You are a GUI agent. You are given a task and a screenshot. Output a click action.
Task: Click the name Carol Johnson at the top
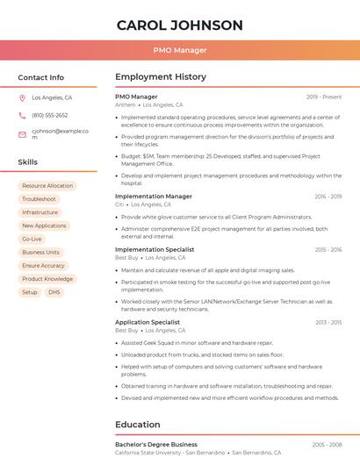[179, 24]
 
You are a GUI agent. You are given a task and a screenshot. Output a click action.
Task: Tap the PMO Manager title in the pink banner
[179, 50]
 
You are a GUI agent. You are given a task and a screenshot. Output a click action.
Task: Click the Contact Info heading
[40, 77]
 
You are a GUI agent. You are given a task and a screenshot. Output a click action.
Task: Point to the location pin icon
[22, 98]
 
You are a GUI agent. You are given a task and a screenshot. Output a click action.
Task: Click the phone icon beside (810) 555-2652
[22, 116]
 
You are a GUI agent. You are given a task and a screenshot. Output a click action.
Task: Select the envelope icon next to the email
[22, 134]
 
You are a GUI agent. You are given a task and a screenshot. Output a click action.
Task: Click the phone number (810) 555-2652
[49, 116]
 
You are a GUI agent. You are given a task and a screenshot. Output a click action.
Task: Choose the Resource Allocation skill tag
[47, 186]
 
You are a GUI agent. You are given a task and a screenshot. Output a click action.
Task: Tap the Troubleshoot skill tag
[39, 199]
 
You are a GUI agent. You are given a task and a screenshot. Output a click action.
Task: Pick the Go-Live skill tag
[32, 239]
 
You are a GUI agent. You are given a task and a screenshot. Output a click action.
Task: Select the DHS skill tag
[54, 292]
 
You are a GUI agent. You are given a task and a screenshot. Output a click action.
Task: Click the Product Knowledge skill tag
[47, 279]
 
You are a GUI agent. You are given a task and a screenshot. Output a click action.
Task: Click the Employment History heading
[161, 77]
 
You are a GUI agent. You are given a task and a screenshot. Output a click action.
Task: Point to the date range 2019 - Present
[324, 97]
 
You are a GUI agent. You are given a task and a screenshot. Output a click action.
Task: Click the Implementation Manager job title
[154, 197]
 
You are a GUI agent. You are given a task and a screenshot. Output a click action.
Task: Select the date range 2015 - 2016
[328, 250]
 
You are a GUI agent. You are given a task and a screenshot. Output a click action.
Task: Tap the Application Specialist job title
[148, 322]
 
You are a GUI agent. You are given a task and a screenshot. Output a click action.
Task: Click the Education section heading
[137, 425]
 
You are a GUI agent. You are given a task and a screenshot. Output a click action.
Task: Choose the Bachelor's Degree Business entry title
[156, 445]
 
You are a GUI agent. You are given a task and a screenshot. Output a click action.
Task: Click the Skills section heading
[28, 162]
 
